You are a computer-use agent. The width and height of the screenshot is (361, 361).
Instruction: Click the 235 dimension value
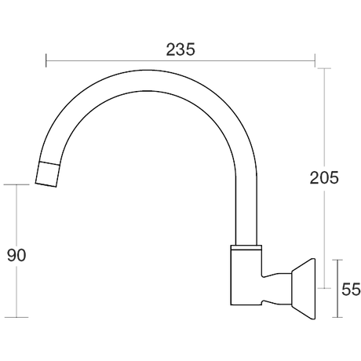pos(180,49)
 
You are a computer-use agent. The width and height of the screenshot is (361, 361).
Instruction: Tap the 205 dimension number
pos(324,177)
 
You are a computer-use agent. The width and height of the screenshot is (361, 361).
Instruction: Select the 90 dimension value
pos(16,255)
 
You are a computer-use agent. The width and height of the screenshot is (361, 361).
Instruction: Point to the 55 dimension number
pos(351,290)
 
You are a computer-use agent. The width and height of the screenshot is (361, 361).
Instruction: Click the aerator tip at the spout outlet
pos(47,174)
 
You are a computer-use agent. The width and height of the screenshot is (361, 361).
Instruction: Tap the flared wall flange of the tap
pos(304,289)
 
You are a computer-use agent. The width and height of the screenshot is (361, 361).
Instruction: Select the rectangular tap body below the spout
pos(246,278)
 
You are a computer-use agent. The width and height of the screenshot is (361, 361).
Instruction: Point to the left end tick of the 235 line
pos(46,60)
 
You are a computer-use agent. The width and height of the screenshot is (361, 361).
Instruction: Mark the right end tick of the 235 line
pos(315,60)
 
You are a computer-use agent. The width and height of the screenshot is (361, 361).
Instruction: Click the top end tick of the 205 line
pos(324,68)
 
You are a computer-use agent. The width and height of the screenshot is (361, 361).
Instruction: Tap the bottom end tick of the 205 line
pos(324,288)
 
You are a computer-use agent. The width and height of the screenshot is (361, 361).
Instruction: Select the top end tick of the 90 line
pos(16,184)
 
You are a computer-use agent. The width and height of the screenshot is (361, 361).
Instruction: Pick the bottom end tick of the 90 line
pos(16,317)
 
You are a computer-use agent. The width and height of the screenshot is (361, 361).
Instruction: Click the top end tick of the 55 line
pos(337,260)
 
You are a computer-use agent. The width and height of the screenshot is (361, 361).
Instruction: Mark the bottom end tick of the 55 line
pos(337,317)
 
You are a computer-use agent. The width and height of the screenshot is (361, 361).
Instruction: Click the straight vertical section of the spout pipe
pos(246,210)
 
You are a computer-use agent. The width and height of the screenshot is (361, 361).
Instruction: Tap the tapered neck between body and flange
pos(277,289)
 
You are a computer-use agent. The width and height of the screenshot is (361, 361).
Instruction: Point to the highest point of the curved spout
pos(149,70)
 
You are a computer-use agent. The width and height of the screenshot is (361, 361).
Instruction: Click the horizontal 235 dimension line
pos(180,60)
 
